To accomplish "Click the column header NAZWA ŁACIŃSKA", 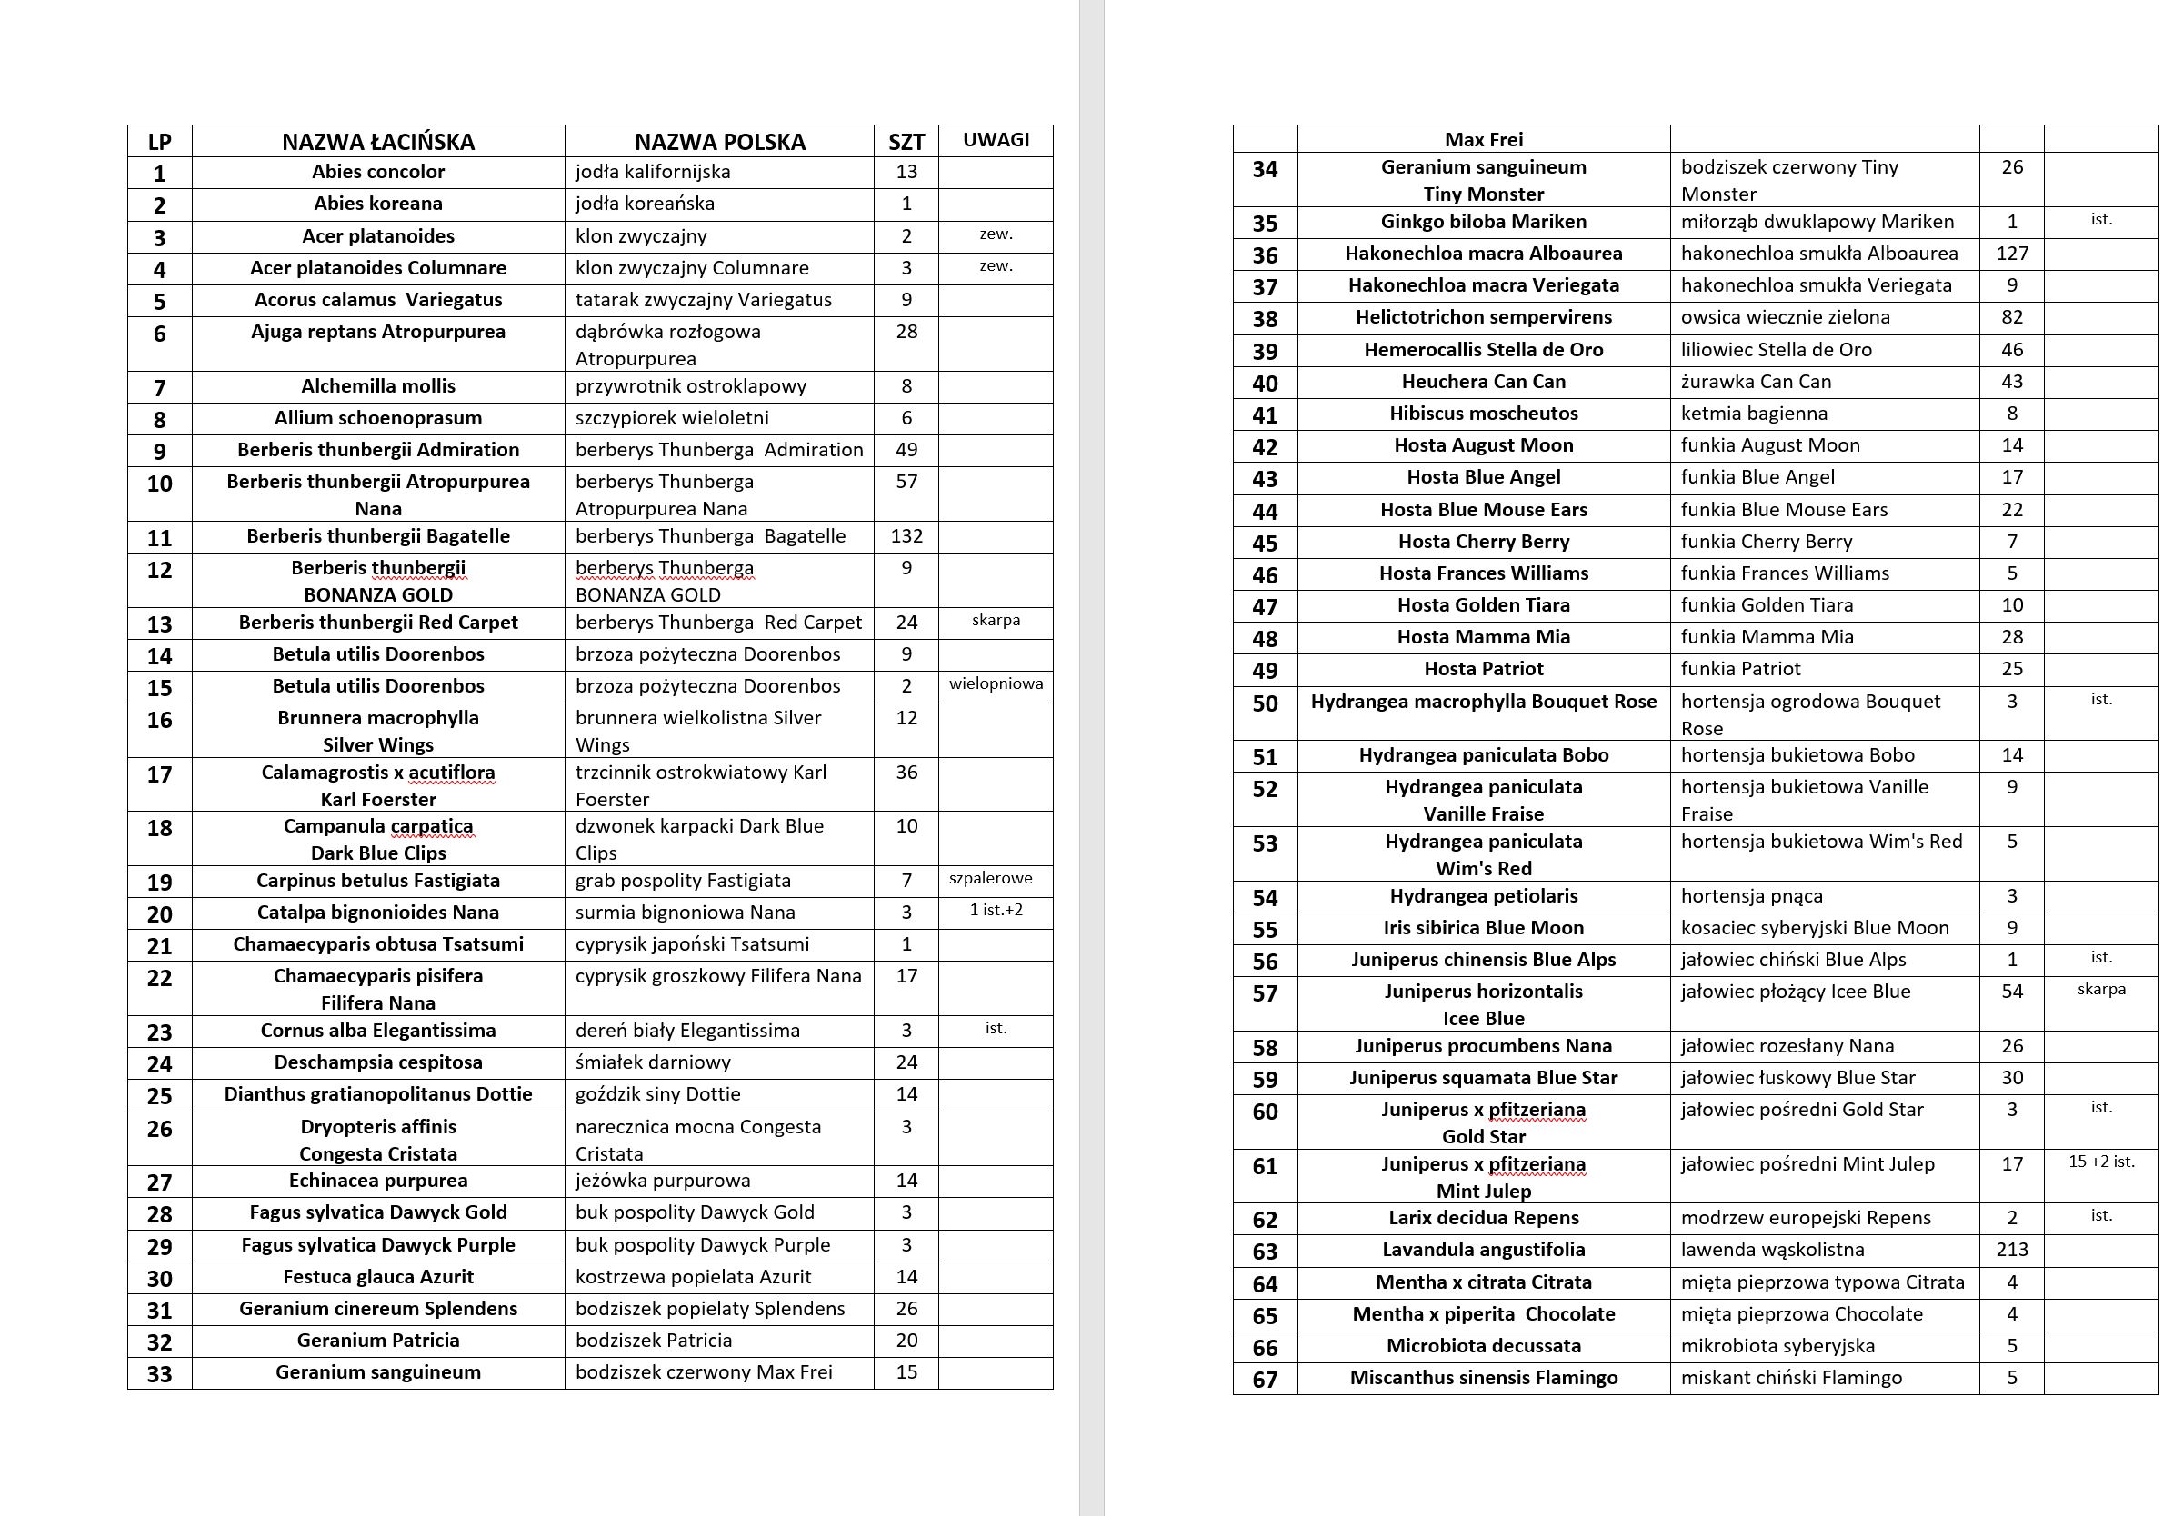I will tap(378, 142).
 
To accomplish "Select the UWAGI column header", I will tap(996, 140).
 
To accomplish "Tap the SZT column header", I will tap(906, 142).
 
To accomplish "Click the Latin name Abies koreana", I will tap(378, 204).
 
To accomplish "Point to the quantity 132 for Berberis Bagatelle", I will tap(906, 535).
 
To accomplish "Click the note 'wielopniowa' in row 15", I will tap(996, 683).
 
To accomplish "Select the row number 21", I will tap(160, 946).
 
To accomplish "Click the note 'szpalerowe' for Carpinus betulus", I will tap(990, 878).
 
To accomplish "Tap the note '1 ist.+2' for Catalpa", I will tap(996, 910).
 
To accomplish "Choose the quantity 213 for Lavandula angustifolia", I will tap(2012, 1249).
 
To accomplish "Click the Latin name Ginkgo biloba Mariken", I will tap(1483, 222).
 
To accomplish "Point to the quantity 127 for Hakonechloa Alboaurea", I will tap(2012, 254).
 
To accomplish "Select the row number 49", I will tap(1265, 671).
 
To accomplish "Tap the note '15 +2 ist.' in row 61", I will tap(2101, 1162).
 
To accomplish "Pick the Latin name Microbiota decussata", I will tap(1483, 1345).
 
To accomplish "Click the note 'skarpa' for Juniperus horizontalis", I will tap(2101, 989).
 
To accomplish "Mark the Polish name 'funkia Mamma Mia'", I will tap(1767, 636).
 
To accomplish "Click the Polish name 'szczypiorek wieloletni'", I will tap(672, 418).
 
